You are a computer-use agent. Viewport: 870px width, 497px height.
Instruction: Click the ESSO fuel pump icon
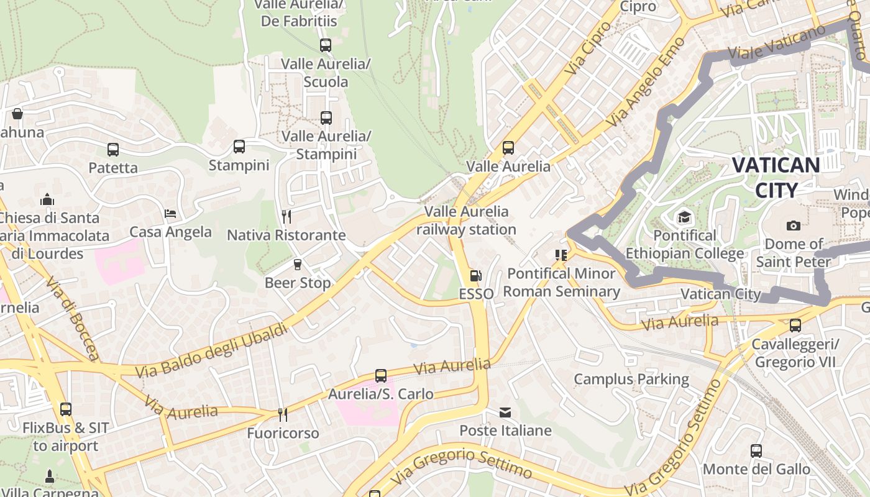[x=475, y=275]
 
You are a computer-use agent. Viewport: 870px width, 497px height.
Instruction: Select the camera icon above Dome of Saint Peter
[x=793, y=226]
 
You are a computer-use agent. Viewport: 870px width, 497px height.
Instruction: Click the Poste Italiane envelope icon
[x=505, y=413]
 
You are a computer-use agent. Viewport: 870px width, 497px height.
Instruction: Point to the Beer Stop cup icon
[x=297, y=265]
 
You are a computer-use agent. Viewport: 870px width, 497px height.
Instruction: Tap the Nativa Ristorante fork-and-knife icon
[x=286, y=216]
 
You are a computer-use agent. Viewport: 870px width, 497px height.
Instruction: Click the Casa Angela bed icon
[x=170, y=214]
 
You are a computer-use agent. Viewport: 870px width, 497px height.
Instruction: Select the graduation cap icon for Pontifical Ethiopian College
[x=684, y=217]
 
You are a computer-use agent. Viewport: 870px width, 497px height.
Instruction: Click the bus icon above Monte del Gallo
[x=756, y=451]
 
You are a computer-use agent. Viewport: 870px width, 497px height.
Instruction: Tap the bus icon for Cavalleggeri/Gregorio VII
[x=795, y=326]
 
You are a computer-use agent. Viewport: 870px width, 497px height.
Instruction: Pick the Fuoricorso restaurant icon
[x=282, y=414]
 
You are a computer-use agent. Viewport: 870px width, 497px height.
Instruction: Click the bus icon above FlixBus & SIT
[x=65, y=409]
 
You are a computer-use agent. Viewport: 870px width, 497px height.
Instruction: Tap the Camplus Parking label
[x=631, y=379]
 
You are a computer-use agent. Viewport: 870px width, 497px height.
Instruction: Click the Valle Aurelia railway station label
[x=466, y=221]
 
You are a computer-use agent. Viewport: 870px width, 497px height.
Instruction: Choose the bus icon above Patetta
[x=112, y=150]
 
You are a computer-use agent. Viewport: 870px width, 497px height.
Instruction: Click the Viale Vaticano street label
[x=769, y=45]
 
